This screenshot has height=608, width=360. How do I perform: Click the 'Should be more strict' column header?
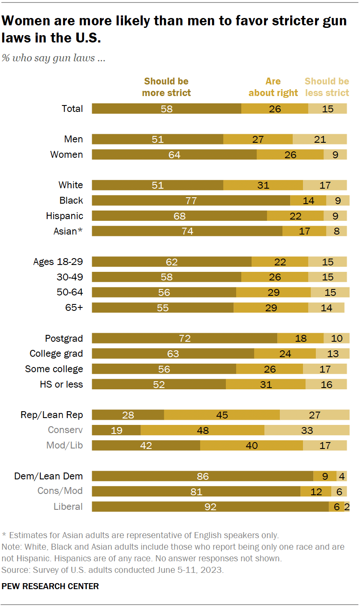(166, 87)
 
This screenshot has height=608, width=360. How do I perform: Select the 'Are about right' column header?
(273, 87)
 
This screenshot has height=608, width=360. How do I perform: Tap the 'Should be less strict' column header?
(327, 87)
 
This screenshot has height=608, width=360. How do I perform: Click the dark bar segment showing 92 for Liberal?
(210, 507)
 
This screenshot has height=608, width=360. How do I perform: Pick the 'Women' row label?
(66, 155)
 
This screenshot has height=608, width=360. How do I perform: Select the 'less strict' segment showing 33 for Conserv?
(307, 430)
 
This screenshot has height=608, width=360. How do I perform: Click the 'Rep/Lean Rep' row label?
(52, 415)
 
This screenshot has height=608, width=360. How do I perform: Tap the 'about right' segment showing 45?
(222, 415)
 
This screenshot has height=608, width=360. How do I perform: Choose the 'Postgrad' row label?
(64, 339)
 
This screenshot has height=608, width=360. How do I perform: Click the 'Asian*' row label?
(68, 232)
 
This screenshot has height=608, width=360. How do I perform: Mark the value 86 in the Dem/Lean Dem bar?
(202, 476)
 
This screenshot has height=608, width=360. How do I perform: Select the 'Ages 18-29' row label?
(58, 262)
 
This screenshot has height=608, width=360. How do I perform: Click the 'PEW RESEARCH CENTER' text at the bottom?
(50, 586)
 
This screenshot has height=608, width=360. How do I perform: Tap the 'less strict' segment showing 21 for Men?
(320, 139)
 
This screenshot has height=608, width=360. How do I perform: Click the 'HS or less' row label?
(61, 385)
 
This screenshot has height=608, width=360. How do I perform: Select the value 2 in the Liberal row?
(347, 507)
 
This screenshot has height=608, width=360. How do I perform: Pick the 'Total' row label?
(72, 109)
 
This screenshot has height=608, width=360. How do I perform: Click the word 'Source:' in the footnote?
(15, 570)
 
